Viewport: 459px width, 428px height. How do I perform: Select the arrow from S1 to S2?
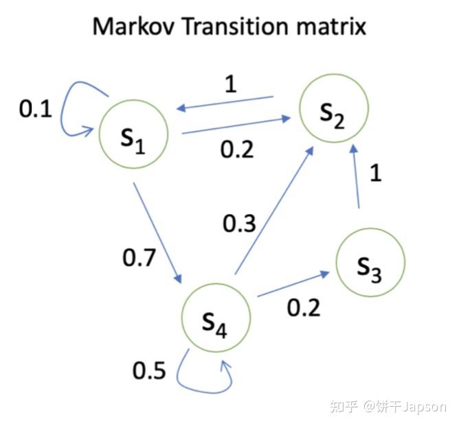click(x=234, y=127)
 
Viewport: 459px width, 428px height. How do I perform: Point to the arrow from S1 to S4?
click(x=157, y=233)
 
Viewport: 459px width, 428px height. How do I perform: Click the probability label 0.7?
click(x=139, y=257)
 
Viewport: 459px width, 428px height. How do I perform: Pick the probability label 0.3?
click(x=239, y=224)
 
